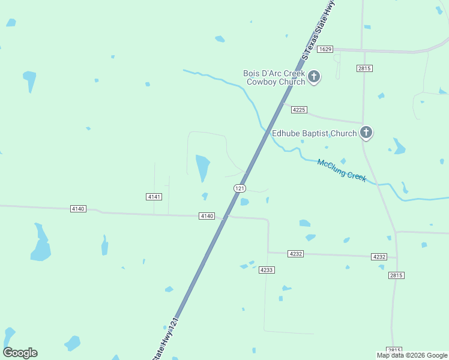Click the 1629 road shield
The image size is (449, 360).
[x=325, y=49]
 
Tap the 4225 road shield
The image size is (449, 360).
[x=299, y=110]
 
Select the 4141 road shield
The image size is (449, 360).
[x=154, y=197]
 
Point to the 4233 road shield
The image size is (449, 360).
[x=267, y=270]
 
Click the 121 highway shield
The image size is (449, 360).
[x=240, y=188]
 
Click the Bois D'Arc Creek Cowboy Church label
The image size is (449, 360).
[x=274, y=77]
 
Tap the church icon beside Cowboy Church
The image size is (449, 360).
[x=314, y=77]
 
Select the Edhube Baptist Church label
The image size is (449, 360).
[x=314, y=133]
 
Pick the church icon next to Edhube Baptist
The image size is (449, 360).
[x=366, y=133]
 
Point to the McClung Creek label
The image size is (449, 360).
[x=342, y=170]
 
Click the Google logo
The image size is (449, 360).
[x=20, y=353]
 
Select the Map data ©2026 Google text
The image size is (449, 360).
[x=412, y=356]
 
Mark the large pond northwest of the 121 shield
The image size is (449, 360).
[x=203, y=167]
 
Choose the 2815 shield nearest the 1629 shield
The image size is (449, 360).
[x=364, y=68]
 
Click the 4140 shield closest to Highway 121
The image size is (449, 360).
[x=206, y=216]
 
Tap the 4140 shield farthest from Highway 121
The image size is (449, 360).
[x=78, y=209]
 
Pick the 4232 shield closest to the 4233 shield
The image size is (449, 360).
[x=295, y=254]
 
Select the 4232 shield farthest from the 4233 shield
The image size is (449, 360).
[x=379, y=257]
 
